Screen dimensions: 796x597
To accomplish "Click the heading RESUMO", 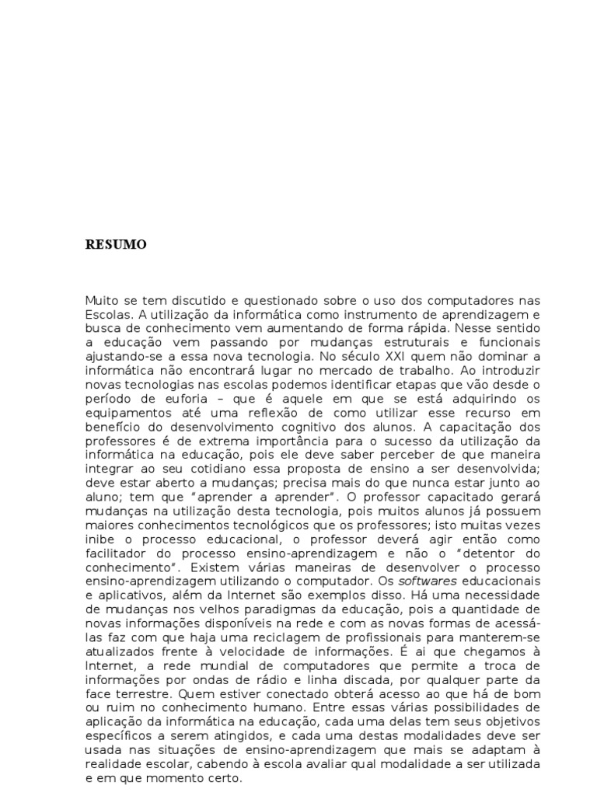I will [x=116, y=245].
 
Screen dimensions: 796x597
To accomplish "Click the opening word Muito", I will [x=101, y=300].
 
